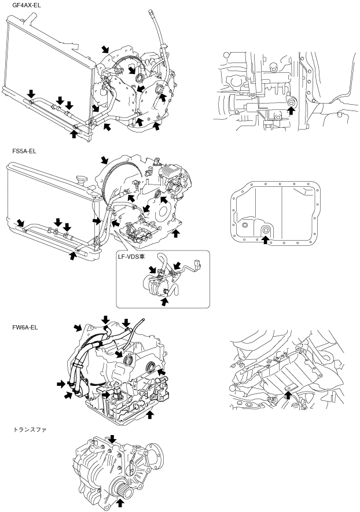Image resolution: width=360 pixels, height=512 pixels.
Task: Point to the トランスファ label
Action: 30,430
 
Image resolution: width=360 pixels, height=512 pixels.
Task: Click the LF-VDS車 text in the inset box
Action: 132,256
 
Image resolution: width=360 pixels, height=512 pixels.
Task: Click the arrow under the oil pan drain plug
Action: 266,240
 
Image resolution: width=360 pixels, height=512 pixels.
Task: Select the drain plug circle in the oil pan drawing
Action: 266,230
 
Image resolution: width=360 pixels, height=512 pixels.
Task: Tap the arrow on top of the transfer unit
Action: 112,439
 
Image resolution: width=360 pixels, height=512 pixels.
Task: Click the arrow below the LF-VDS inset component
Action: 165,301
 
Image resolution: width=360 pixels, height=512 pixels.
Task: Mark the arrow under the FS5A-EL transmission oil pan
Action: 176,233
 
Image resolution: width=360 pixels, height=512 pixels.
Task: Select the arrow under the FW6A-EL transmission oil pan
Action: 150,414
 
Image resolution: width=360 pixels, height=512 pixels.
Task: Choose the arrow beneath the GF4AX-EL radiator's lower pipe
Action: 74,134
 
